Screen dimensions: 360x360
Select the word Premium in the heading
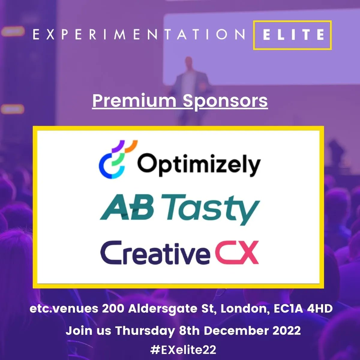point(134,101)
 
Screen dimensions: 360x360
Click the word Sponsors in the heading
point(225,101)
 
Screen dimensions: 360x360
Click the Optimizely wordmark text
point(199,165)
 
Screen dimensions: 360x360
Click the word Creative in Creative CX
point(155,253)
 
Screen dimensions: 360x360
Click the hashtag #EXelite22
point(183,350)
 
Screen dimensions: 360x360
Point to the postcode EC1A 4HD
point(303,308)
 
